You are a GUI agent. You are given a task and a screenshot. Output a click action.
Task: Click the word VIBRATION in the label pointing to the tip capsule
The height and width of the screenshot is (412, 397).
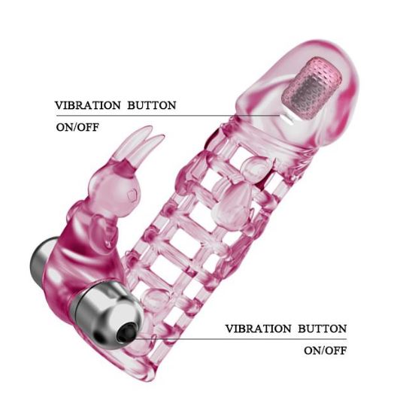88,105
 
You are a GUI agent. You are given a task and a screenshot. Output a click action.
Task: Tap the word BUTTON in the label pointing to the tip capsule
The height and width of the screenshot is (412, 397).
152,105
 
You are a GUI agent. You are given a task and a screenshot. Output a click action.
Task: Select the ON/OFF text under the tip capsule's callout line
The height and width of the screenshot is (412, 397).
77,128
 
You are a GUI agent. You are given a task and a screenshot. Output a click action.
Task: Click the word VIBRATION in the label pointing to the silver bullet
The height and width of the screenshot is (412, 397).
258,329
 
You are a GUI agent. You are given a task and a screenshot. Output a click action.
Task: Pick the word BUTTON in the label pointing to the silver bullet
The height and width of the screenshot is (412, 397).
323,329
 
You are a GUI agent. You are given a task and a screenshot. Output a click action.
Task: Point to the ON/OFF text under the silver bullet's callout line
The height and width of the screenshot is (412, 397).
326,350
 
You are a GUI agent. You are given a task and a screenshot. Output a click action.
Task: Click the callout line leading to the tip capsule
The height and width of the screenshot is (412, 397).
168,116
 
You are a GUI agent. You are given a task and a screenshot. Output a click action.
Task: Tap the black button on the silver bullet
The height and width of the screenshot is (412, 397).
126,332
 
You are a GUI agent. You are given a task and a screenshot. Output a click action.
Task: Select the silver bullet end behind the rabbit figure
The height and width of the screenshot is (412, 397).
43,259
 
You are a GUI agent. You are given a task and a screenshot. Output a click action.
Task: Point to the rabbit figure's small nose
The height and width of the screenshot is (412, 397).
132,195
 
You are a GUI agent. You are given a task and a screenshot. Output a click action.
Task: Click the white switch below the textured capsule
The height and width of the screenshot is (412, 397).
288,119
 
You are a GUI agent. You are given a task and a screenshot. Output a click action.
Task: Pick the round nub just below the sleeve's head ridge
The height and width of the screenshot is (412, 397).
256,168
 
